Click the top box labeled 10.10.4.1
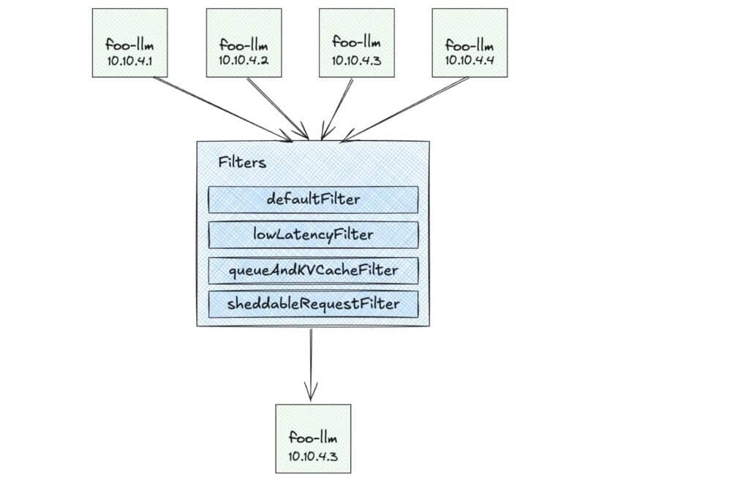129,42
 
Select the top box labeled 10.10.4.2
243,42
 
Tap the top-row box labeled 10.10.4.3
356,42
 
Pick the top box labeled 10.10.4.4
470,42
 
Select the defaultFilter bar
313,199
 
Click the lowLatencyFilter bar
313,235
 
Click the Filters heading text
242,163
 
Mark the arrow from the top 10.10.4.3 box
338,108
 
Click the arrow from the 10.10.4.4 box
410,106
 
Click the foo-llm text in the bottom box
312,438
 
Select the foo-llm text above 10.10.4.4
470,45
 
